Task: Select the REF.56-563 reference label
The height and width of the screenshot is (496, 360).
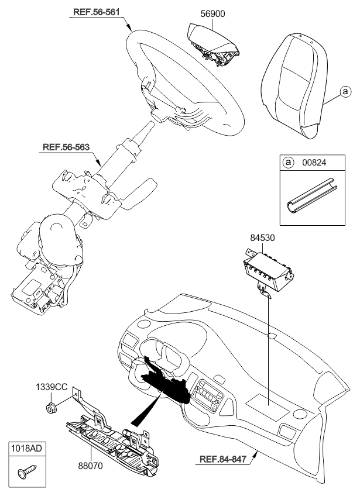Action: pos(66,147)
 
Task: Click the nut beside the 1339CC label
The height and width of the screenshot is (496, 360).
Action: pos(51,406)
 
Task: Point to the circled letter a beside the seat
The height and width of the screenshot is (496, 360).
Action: pos(345,92)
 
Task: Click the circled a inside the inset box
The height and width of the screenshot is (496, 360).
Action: pos(287,163)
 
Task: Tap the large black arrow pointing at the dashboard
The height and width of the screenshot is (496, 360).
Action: pos(143,412)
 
